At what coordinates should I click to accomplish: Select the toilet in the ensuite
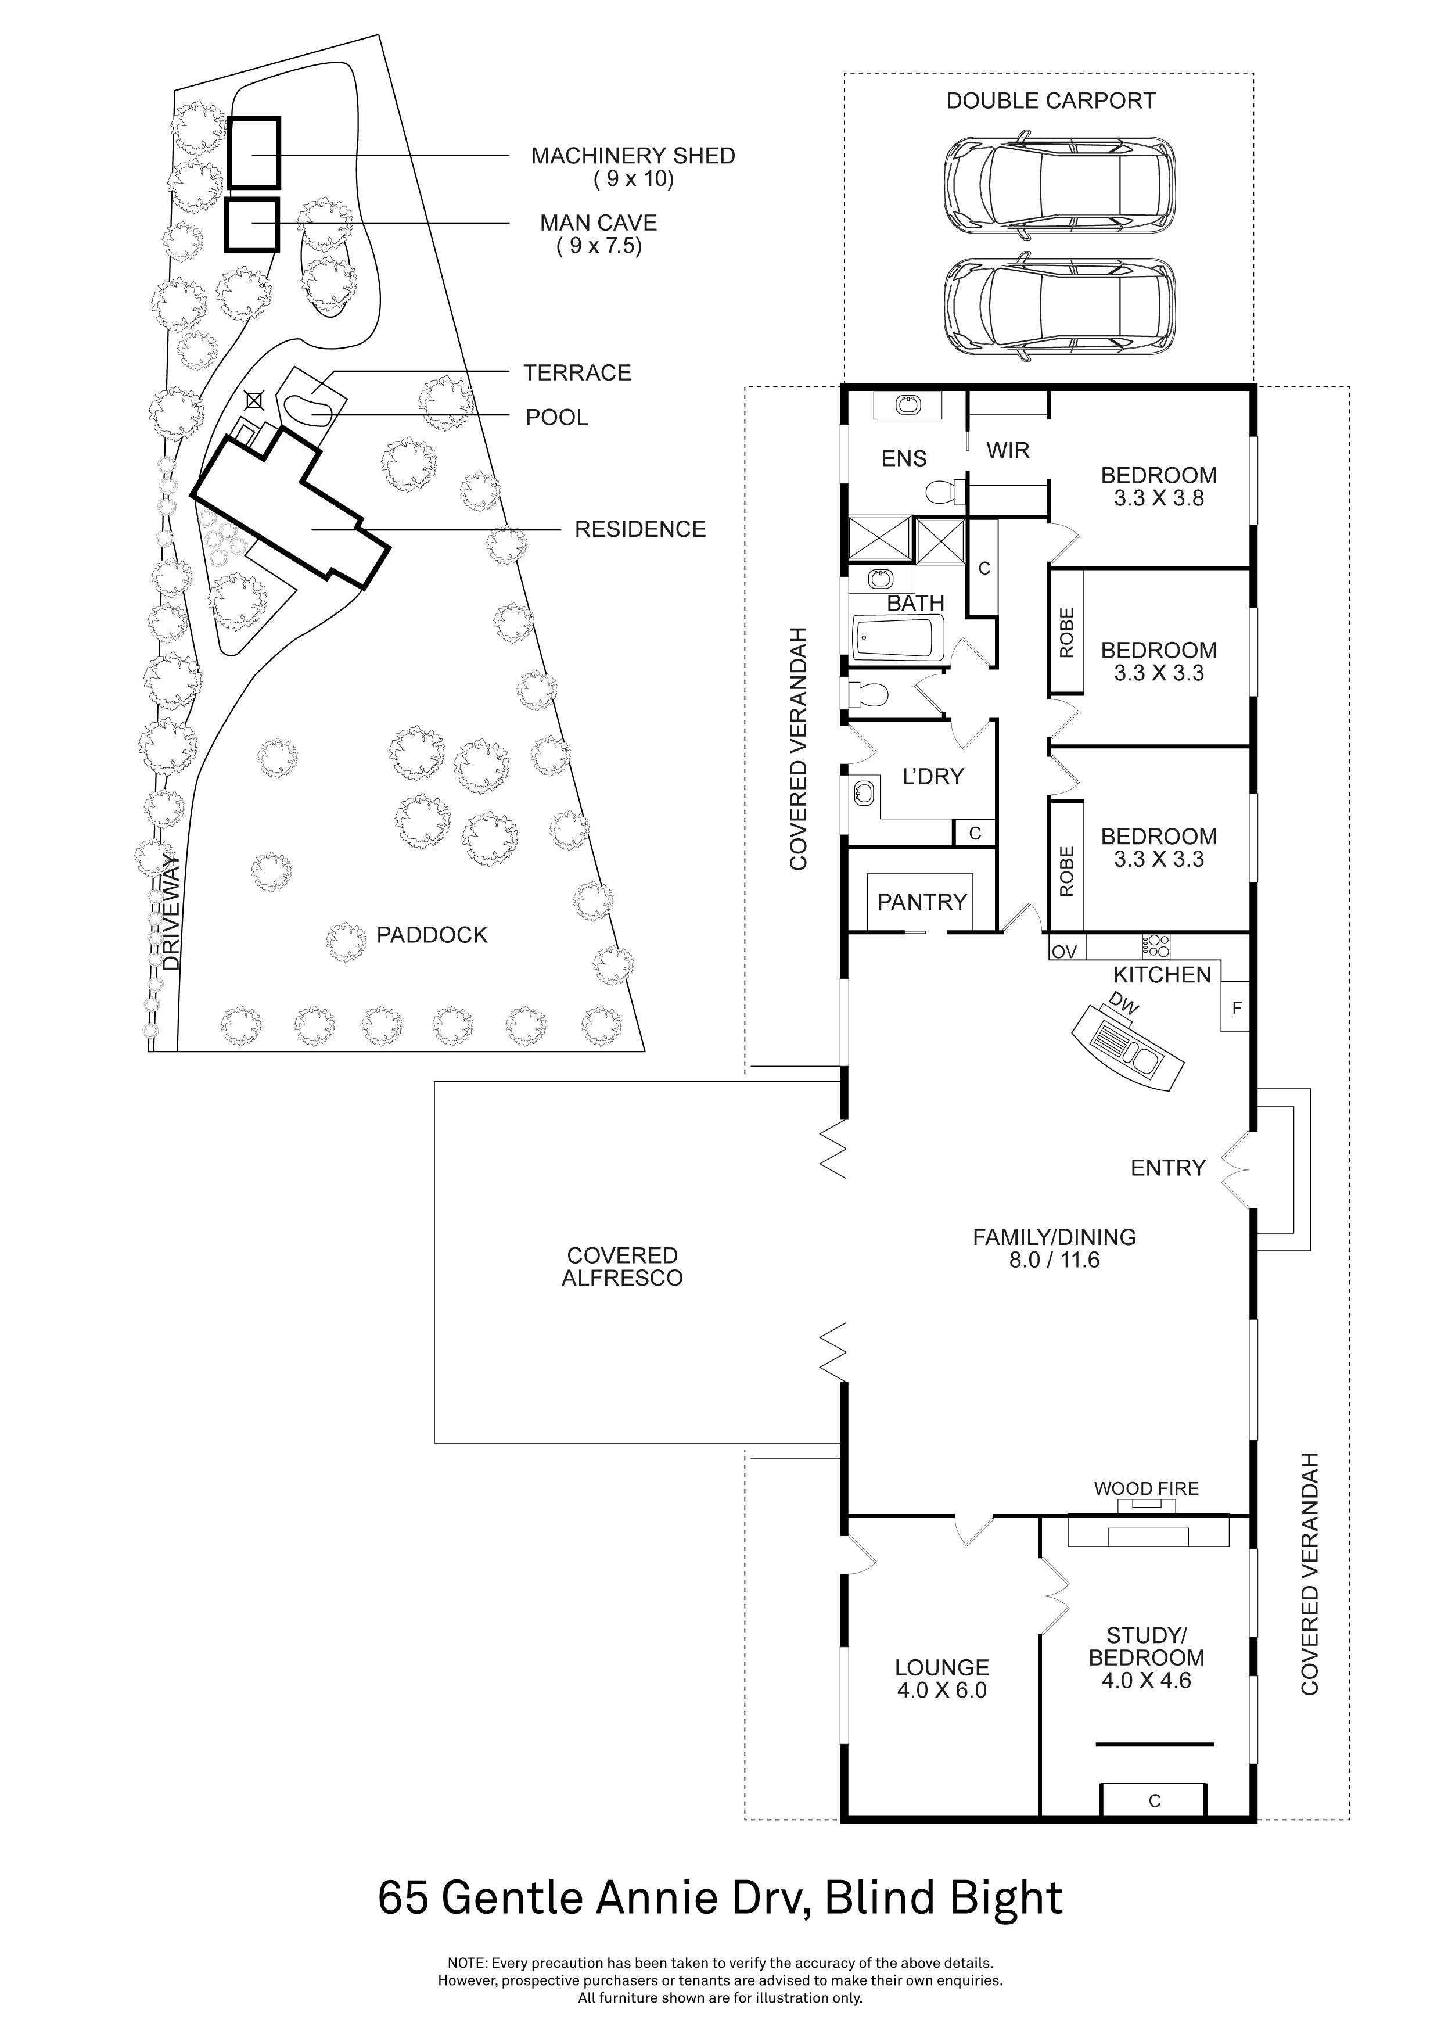click(943, 491)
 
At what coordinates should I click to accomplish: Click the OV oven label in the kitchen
click(1064, 952)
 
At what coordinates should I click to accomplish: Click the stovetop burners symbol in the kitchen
click(1155, 945)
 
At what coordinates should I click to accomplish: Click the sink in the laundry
click(863, 792)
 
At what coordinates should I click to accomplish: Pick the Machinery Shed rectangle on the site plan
click(254, 153)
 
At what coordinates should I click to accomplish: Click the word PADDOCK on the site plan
click(432, 935)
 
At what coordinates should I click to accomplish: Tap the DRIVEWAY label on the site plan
click(171, 912)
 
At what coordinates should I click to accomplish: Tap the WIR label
click(1008, 450)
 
